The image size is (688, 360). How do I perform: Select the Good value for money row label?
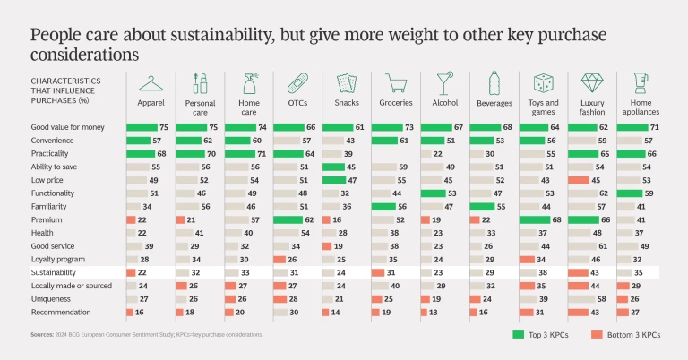pos(68,128)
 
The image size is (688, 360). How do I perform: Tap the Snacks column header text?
pos(345,104)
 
